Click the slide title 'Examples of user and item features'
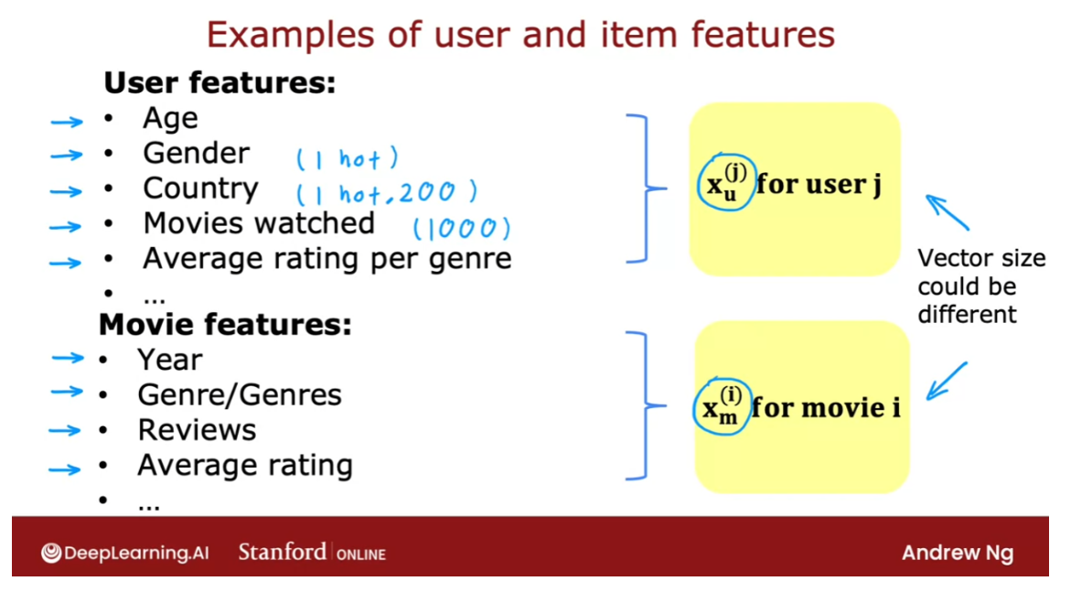pos(520,35)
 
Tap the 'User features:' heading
pos(220,83)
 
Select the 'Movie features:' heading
pos(225,325)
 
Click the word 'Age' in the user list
pos(170,118)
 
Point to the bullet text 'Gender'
pos(196,153)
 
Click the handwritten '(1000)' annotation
pos(462,228)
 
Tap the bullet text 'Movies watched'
pos(259,223)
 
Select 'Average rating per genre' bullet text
pos(327,259)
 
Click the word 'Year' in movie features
pos(170,360)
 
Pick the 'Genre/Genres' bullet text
pos(240,394)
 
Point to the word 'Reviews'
pos(197,430)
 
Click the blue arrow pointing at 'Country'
pos(67,191)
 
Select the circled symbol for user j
pos(725,182)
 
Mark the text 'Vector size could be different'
pos(980,285)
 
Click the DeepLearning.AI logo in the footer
pos(124,553)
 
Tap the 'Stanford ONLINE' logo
pos(312,553)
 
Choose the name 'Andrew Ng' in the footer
pos(957,553)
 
